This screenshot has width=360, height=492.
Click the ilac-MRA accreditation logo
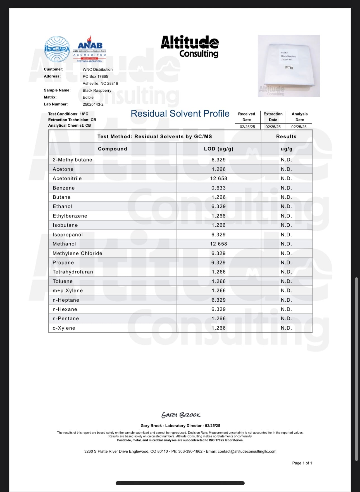point(57,49)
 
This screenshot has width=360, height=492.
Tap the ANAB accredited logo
point(90,49)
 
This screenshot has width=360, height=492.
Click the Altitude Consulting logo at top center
point(190,46)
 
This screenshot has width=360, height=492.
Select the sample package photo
point(289,66)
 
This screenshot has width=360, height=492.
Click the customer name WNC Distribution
point(97,69)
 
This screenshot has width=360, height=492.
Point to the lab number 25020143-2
point(93,104)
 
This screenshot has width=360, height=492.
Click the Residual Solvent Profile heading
point(180,113)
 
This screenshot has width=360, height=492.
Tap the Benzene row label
point(64,188)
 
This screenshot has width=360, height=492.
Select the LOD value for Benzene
point(218,188)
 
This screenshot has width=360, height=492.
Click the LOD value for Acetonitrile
point(218,178)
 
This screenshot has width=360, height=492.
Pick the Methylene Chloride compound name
point(77,253)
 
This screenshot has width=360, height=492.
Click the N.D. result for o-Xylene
point(286,328)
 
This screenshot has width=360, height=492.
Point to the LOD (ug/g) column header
point(218,149)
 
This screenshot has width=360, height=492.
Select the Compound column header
point(112,149)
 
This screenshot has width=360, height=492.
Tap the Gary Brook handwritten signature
point(181,415)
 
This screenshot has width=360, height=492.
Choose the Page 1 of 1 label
point(302,463)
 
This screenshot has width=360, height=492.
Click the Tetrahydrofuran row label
point(73,272)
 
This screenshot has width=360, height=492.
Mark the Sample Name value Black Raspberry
point(97,90)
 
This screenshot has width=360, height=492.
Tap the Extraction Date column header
point(273,117)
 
